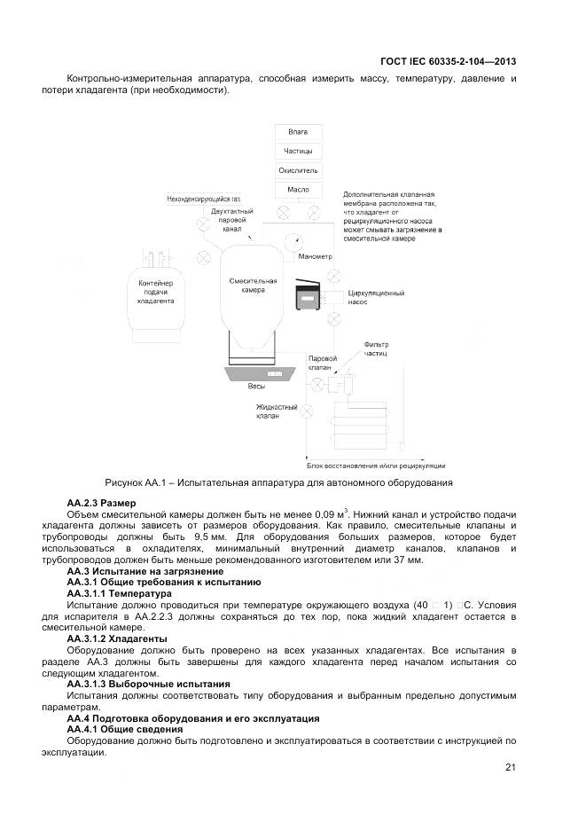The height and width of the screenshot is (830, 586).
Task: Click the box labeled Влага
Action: [x=298, y=131]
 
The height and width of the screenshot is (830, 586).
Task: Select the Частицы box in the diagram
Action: [x=298, y=151]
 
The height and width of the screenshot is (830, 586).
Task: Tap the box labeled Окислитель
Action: [x=298, y=170]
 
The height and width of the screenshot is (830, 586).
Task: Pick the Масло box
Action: [x=298, y=190]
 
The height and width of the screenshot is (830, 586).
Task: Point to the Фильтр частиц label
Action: [x=377, y=348]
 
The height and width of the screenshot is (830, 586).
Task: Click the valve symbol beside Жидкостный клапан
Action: [x=307, y=411]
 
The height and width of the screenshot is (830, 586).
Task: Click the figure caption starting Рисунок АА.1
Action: [x=278, y=483]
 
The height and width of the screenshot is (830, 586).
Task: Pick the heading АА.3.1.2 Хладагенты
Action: [x=117, y=638]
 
